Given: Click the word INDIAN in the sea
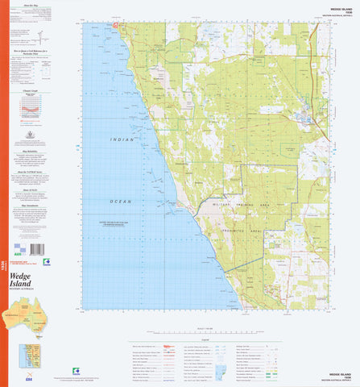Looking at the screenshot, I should (x=123, y=139).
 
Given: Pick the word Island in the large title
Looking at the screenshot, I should (x=26, y=295).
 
